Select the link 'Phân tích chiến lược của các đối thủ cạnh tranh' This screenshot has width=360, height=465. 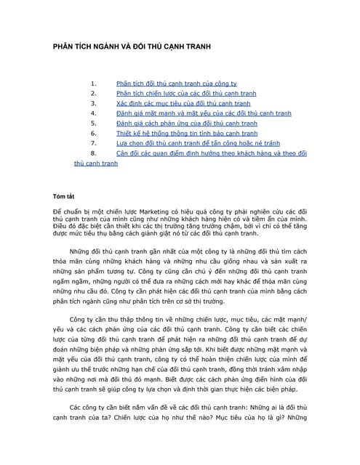pyautogui.click(x=186, y=94)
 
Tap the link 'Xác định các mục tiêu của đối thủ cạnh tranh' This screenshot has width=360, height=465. pyautogui.click(x=178, y=104)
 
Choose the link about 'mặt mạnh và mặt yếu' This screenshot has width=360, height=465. pyautogui.click(x=193, y=113)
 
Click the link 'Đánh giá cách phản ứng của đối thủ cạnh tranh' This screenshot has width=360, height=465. pyautogui.click(x=186, y=124)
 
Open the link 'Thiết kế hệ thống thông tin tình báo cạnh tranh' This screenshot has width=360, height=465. pyautogui.click(x=187, y=134)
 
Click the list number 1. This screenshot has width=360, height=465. pyautogui.click(x=93, y=84)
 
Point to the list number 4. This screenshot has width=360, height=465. pyautogui.click(x=93, y=113)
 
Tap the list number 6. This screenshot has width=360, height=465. pyautogui.click(x=93, y=134)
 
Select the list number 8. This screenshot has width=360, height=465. pyautogui.click(x=93, y=154)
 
